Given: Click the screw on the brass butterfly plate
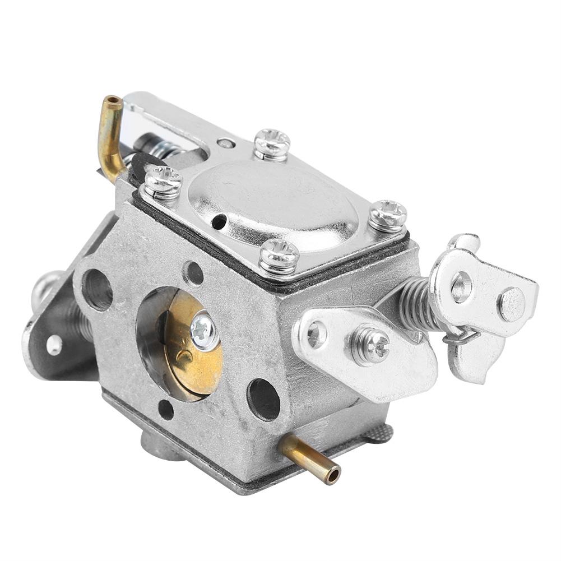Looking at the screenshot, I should click(x=203, y=332).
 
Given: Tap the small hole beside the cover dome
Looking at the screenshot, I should click(x=219, y=222).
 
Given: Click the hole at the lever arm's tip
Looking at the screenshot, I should click(x=316, y=335).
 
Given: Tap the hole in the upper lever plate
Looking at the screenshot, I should click(x=462, y=286).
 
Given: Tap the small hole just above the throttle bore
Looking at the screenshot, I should click(x=193, y=273).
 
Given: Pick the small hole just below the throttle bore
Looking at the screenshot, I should click(x=166, y=410).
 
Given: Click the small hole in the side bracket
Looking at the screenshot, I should click(x=54, y=345).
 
